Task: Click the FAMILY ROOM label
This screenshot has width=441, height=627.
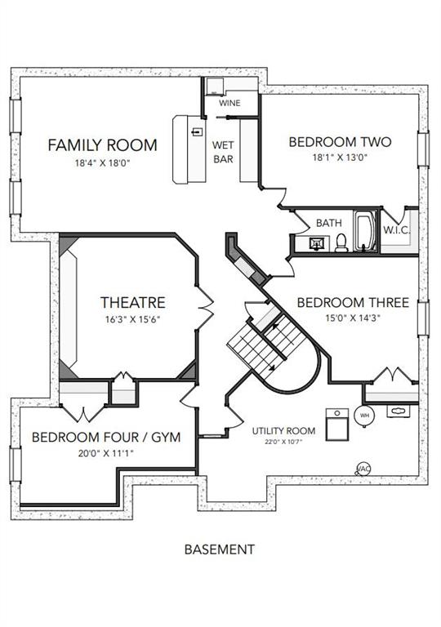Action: (x=102, y=145)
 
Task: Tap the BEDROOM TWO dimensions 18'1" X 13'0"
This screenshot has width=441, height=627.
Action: (x=340, y=157)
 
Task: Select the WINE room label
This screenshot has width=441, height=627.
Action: (x=229, y=103)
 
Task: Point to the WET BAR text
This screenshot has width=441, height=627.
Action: (x=223, y=152)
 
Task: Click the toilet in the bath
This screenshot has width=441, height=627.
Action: (x=341, y=242)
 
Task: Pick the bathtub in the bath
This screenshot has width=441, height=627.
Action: (x=366, y=231)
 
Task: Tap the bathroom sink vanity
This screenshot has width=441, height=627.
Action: (x=317, y=243)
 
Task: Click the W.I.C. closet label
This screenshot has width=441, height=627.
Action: (x=396, y=230)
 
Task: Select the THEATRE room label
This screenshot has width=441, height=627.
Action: (x=133, y=302)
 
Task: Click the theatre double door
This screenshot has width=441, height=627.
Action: (x=205, y=308)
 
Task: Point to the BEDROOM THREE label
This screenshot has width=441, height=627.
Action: (x=353, y=302)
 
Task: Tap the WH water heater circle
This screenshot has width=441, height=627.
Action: (x=364, y=416)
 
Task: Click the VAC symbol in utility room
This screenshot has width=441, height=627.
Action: (x=363, y=469)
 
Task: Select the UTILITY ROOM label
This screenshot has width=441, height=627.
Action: (x=283, y=431)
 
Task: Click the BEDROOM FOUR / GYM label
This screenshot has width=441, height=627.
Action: (x=106, y=437)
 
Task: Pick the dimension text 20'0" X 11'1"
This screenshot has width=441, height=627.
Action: (x=106, y=453)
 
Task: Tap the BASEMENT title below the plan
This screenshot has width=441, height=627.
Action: (x=220, y=549)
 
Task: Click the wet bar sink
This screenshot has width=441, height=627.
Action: (x=197, y=132)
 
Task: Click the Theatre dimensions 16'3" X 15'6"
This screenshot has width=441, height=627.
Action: (x=133, y=319)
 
